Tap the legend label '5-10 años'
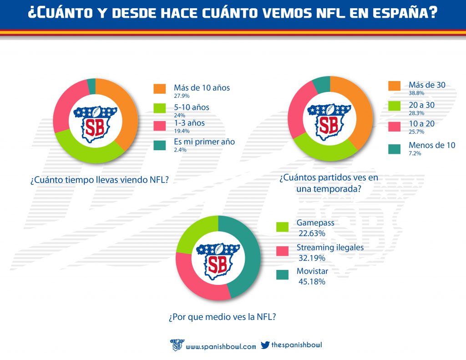pos(192,107)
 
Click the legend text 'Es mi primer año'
pos(204,142)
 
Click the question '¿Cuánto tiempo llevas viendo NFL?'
pos(100,180)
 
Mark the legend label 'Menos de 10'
pos(431,145)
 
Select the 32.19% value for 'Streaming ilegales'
pos(312,258)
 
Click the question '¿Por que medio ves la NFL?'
pos(222,317)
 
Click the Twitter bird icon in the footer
pos(265,345)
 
